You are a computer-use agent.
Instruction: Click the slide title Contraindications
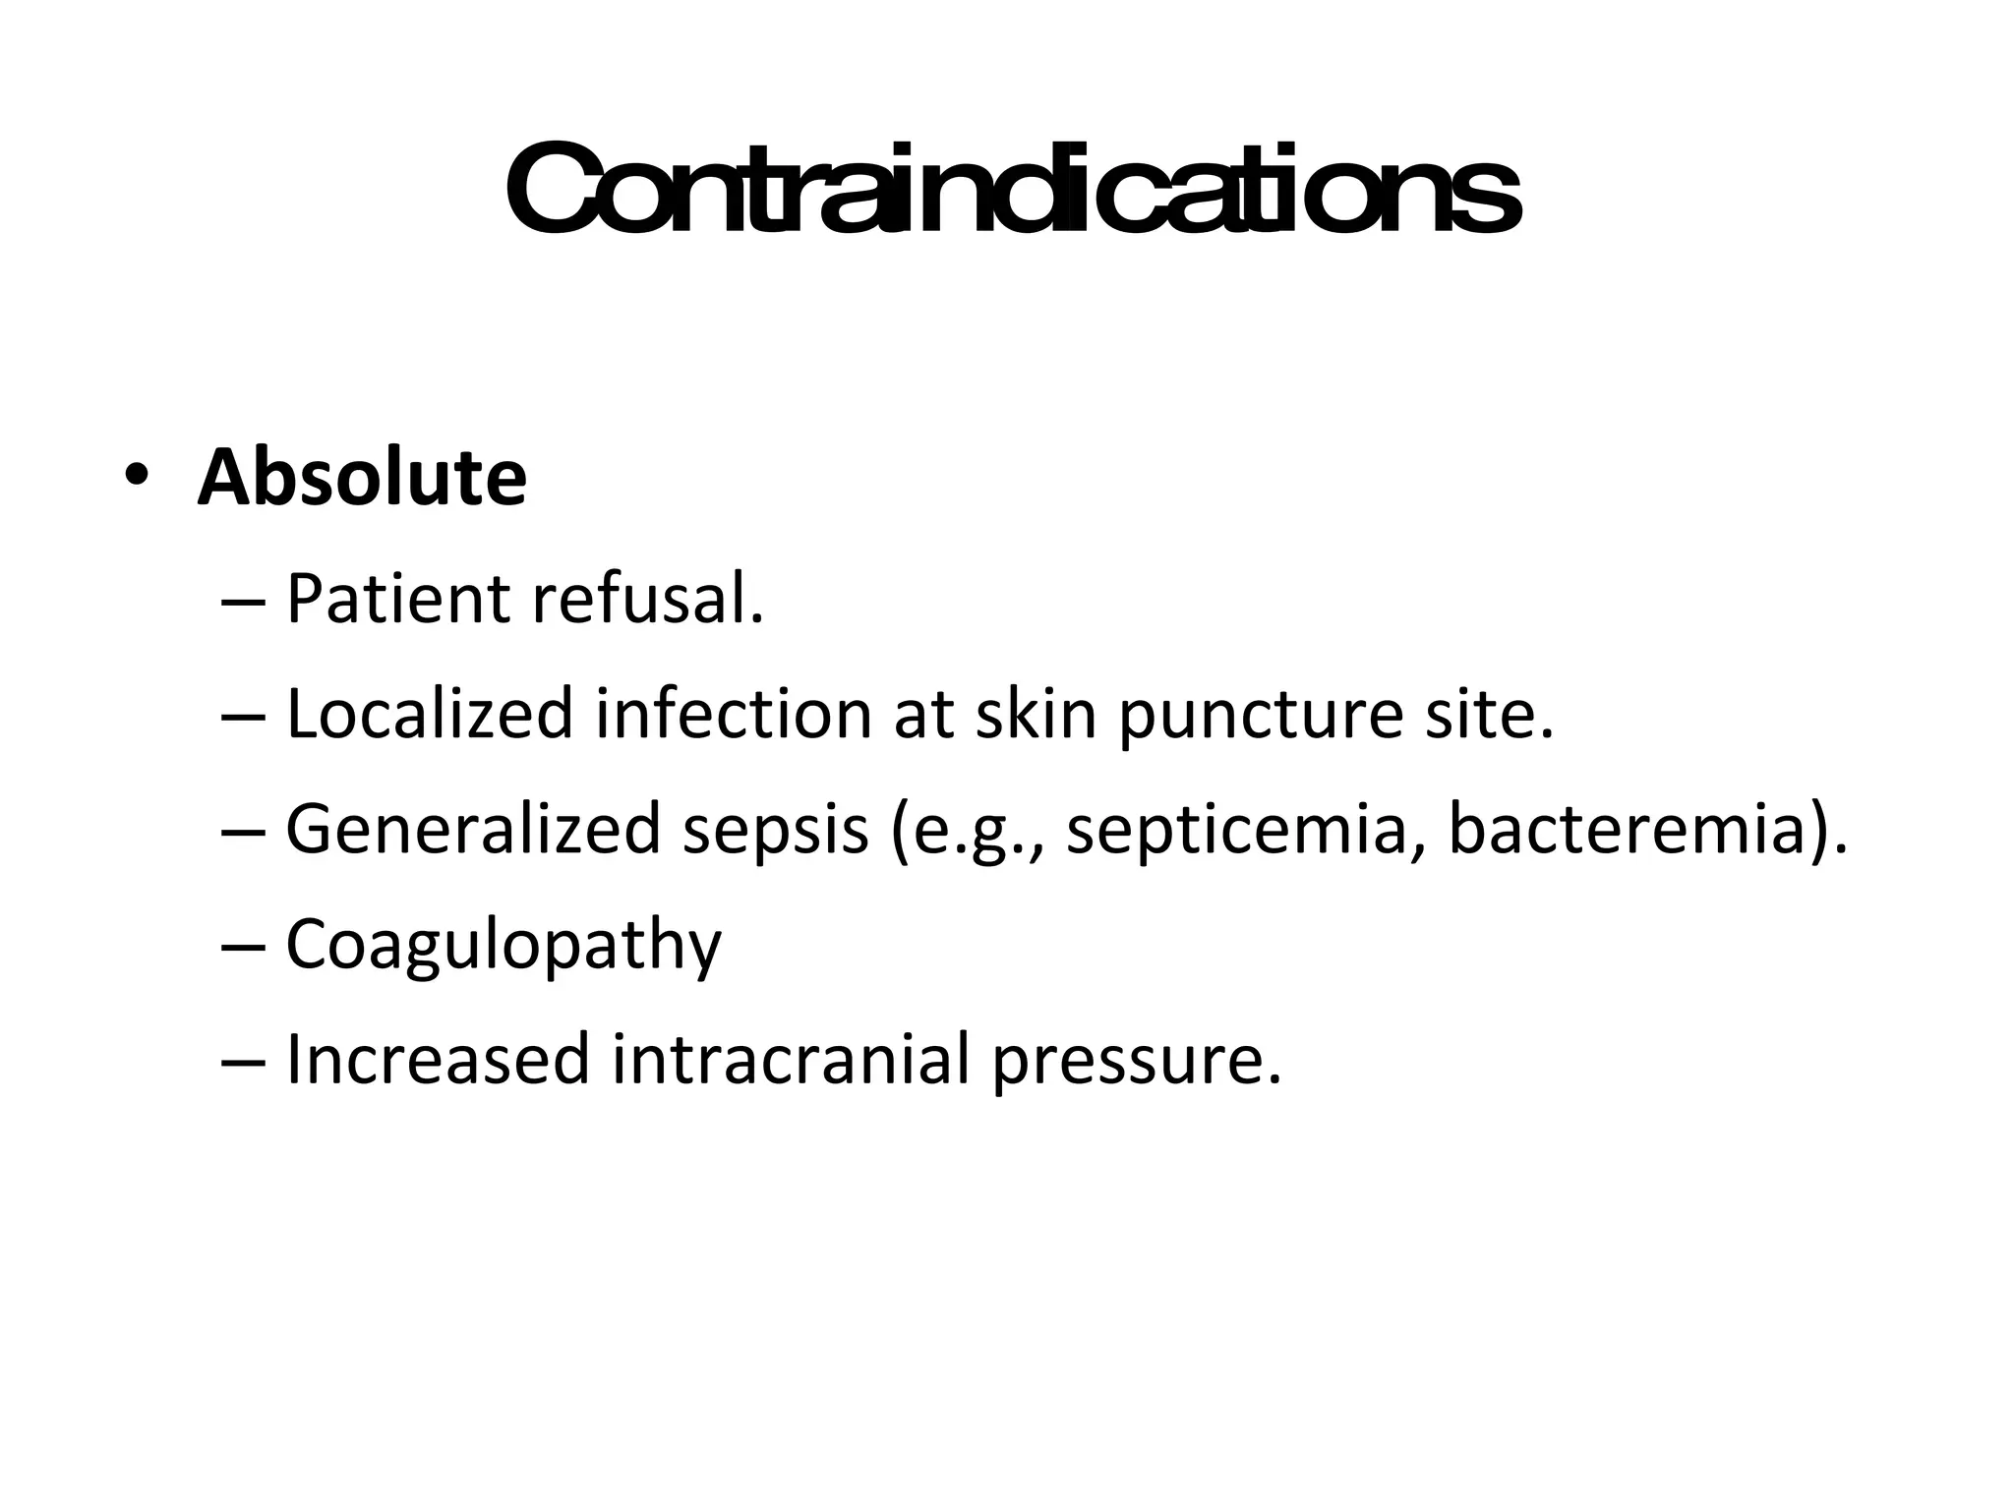click(x=1013, y=190)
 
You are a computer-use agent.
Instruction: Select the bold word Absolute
click(x=362, y=479)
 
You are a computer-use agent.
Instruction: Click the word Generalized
click(x=471, y=828)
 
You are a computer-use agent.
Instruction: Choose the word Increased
click(x=437, y=1059)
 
